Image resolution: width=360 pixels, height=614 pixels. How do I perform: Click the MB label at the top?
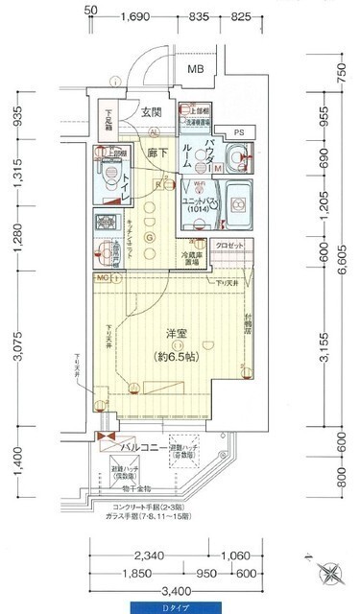tap(196, 69)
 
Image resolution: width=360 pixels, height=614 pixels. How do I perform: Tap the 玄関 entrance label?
tap(153, 112)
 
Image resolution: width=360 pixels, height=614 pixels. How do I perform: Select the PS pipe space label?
tap(238, 131)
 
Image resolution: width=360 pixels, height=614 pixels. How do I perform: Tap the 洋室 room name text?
tap(175, 332)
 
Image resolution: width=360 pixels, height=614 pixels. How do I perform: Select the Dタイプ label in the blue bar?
tap(180, 607)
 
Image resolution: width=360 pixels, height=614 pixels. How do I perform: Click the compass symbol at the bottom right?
tap(332, 575)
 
